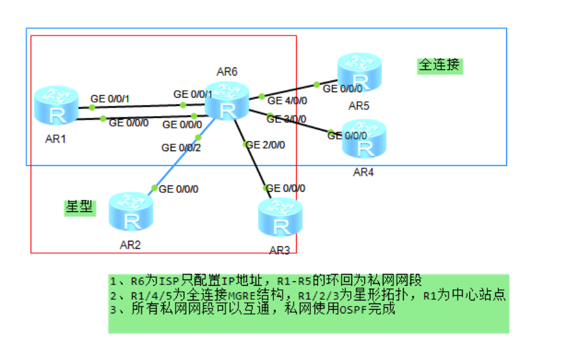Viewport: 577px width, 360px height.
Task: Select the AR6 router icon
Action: click(x=227, y=103)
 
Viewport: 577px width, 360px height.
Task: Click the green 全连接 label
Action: click(x=439, y=65)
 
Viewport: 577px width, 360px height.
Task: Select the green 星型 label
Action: click(x=80, y=207)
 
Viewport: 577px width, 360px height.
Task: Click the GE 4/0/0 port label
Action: click(x=287, y=101)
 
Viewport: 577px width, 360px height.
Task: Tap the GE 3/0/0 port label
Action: click(x=286, y=119)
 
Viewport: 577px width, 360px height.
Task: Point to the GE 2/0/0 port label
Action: click(x=265, y=145)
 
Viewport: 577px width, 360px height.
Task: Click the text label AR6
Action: click(x=227, y=71)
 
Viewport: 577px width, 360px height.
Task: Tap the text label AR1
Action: click(x=55, y=139)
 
